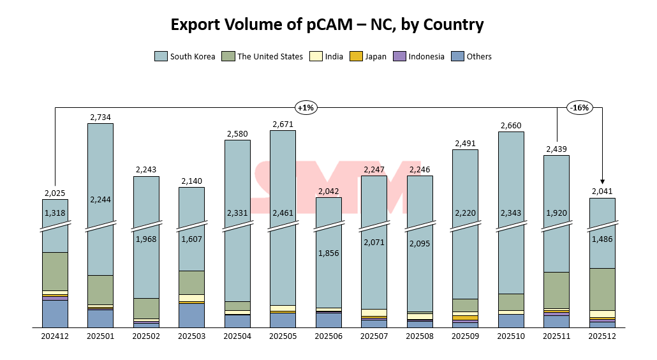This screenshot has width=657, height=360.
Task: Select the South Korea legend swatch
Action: (x=161, y=56)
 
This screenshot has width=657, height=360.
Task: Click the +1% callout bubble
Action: (x=306, y=108)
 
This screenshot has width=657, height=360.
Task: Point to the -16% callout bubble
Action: (x=580, y=108)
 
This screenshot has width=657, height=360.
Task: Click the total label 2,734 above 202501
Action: (x=100, y=117)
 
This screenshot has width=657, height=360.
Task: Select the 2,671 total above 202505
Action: (x=283, y=124)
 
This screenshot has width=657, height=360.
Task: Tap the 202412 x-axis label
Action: (x=55, y=336)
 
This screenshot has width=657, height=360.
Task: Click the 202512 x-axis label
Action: (x=602, y=336)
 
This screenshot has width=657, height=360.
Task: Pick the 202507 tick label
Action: (x=374, y=336)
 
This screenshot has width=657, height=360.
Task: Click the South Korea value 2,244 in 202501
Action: (x=100, y=199)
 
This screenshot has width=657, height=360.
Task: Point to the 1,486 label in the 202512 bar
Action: (x=602, y=239)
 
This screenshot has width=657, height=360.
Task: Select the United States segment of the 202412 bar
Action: (x=55, y=271)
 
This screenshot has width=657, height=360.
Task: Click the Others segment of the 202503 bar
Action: (x=191, y=315)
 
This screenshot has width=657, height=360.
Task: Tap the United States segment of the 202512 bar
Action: (x=602, y=289)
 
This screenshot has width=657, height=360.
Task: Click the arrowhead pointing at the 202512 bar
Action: (x=602, y=182)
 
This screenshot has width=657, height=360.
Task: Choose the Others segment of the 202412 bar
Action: (x=55, y=313)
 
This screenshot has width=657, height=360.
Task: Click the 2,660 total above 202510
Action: (x=511, y=125)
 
